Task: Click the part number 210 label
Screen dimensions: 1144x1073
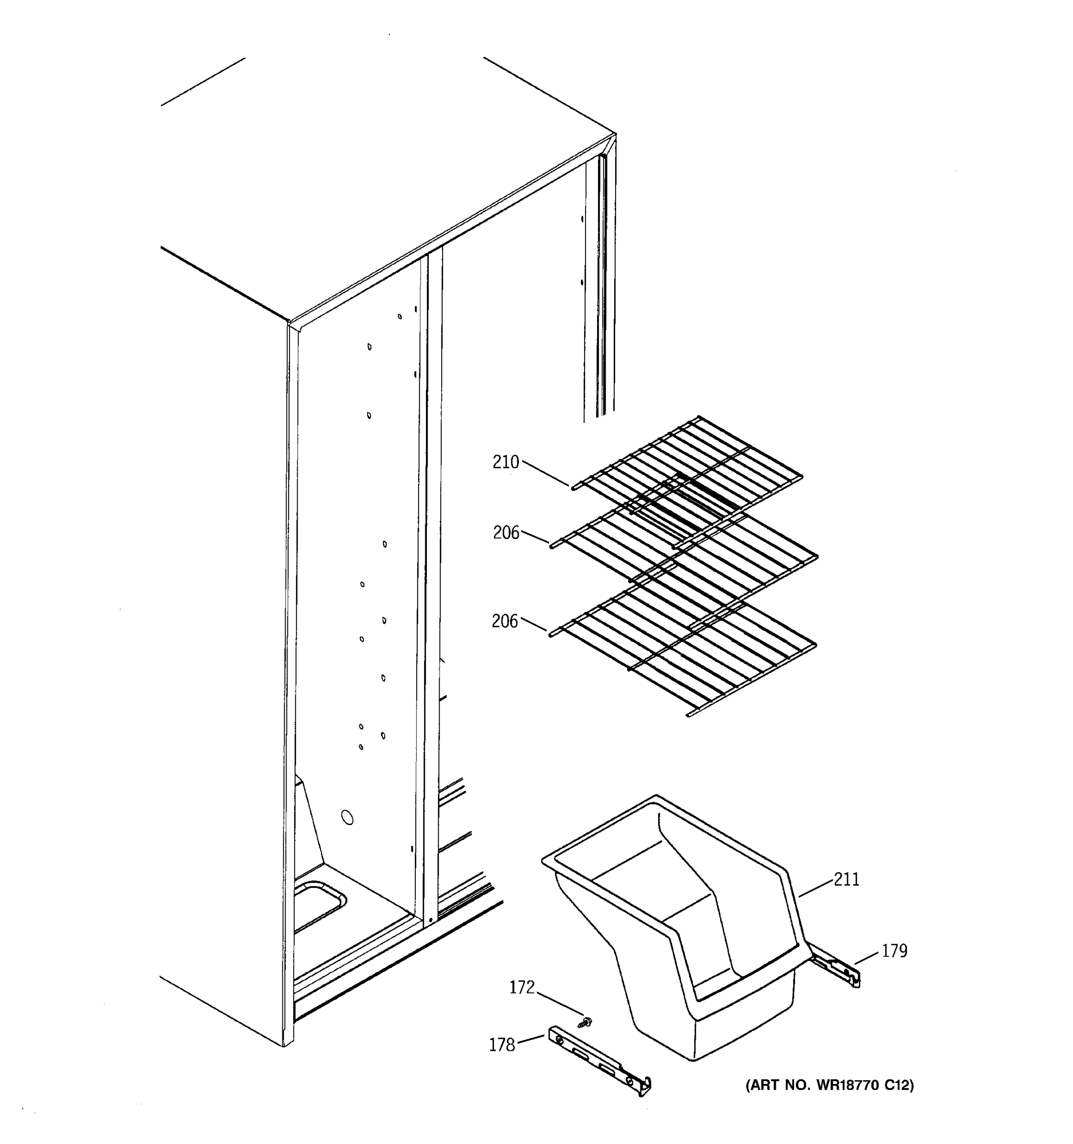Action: pos(506,462)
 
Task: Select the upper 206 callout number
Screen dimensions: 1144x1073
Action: pos(506,533)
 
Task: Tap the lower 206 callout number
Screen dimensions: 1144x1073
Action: pos(505,622)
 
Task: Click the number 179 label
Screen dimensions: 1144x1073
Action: pos(895,951)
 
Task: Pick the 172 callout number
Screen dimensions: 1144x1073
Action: pos(522,988)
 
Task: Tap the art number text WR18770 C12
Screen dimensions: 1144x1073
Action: pos(829,1085)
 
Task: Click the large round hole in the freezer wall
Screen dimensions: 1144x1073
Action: pos(347,817)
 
